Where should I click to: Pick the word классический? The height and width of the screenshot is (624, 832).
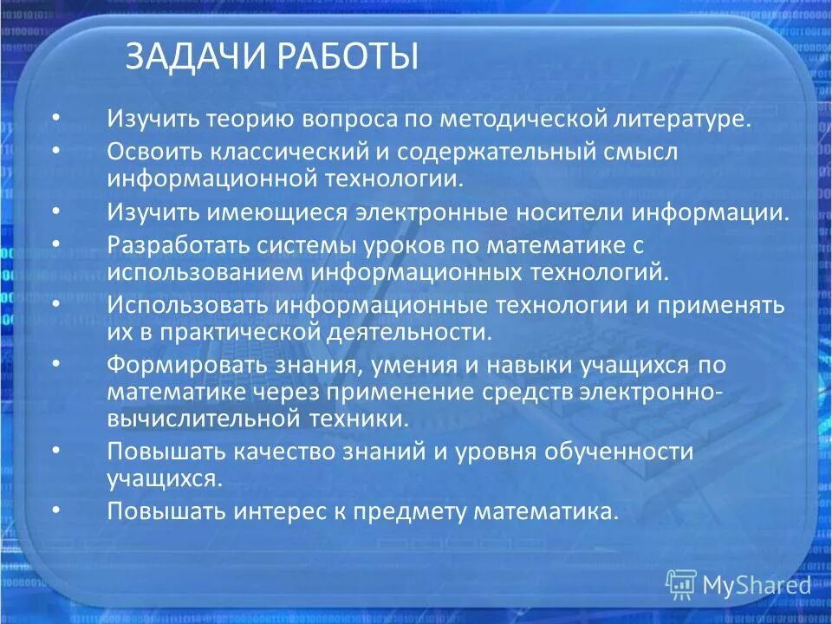pos(288,151)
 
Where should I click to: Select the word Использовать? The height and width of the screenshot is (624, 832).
pos(185,305)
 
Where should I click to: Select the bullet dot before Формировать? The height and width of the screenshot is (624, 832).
pos(56,361)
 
